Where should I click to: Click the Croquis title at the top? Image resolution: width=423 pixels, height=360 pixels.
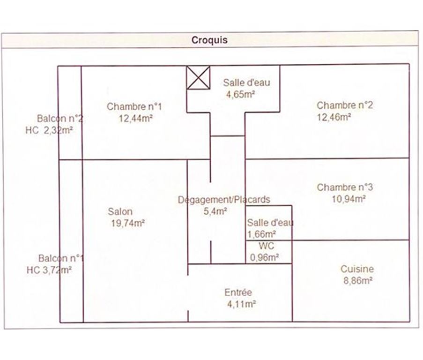click(x=209, y=40)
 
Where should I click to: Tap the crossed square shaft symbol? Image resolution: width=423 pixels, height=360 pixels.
click(x=198, y=77)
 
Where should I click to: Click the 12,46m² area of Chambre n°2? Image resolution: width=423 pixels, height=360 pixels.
click(x=334, y=117)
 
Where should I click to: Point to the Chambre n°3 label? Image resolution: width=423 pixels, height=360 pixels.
click(x=345, y=187)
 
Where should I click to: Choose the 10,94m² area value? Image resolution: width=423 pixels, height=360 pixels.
click(x=348, y=199)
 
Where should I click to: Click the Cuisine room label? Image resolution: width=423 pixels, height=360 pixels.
click(x=357, y=269)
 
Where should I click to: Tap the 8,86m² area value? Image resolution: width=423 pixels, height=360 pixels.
click(x=357, y=281)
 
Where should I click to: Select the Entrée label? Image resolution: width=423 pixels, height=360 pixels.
click(x=238, y=292)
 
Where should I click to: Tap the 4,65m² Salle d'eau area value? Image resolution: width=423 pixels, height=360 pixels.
click(x=240, y=94)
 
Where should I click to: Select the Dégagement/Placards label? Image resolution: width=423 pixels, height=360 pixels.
click(x=224, y=200)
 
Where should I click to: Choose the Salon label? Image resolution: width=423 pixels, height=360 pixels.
click(x=120, y=211)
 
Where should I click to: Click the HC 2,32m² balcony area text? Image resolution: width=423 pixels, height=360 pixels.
click(x=49, y=130)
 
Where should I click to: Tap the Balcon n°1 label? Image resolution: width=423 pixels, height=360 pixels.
click(x=61, y=258)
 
